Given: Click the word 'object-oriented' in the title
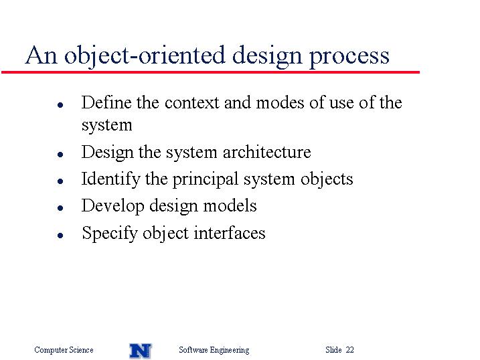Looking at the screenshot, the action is [x=145, y=56].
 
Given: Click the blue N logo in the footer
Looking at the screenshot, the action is [x=141, y=351].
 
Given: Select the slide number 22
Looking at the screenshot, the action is [x=350, y=349].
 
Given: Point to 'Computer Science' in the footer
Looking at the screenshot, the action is [x=64, y=350].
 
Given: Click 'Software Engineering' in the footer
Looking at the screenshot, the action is [x=214, y=350].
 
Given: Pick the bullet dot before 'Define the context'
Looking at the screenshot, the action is [x=60, y=105].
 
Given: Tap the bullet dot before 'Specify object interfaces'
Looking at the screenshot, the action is [x=60, y=236].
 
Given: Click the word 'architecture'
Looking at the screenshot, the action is [x=266, y=152].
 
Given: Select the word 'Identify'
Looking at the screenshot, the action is [x=110, y=179].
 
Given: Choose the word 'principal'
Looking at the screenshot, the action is [x=206, y=180].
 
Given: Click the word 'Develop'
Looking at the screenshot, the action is [x=112, y=207].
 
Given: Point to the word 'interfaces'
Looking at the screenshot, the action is [x=230, y=233].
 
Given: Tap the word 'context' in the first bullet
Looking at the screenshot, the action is [x=192, y=103].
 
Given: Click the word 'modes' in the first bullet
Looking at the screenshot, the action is [x=280, y=102].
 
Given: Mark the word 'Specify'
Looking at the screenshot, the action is [x=110, y=234].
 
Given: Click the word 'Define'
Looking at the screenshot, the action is [x=106, y=102].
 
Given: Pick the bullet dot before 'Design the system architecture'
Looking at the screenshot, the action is [x=60, y=155].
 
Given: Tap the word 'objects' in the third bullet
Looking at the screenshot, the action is [x=327, y=180].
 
